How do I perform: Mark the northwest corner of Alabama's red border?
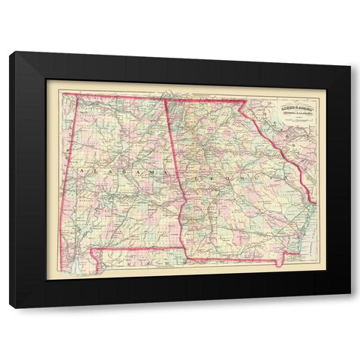[x=62, y=94]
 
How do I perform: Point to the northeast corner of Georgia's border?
[x=246, y=100]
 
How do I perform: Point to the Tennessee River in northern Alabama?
[x=112, y=112]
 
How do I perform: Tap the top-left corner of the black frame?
[x=10, y=52]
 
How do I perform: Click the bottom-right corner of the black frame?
[x=350, y=308]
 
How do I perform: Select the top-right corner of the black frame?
[x=350, y=52]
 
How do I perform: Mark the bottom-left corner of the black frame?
[x=10, y=308]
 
